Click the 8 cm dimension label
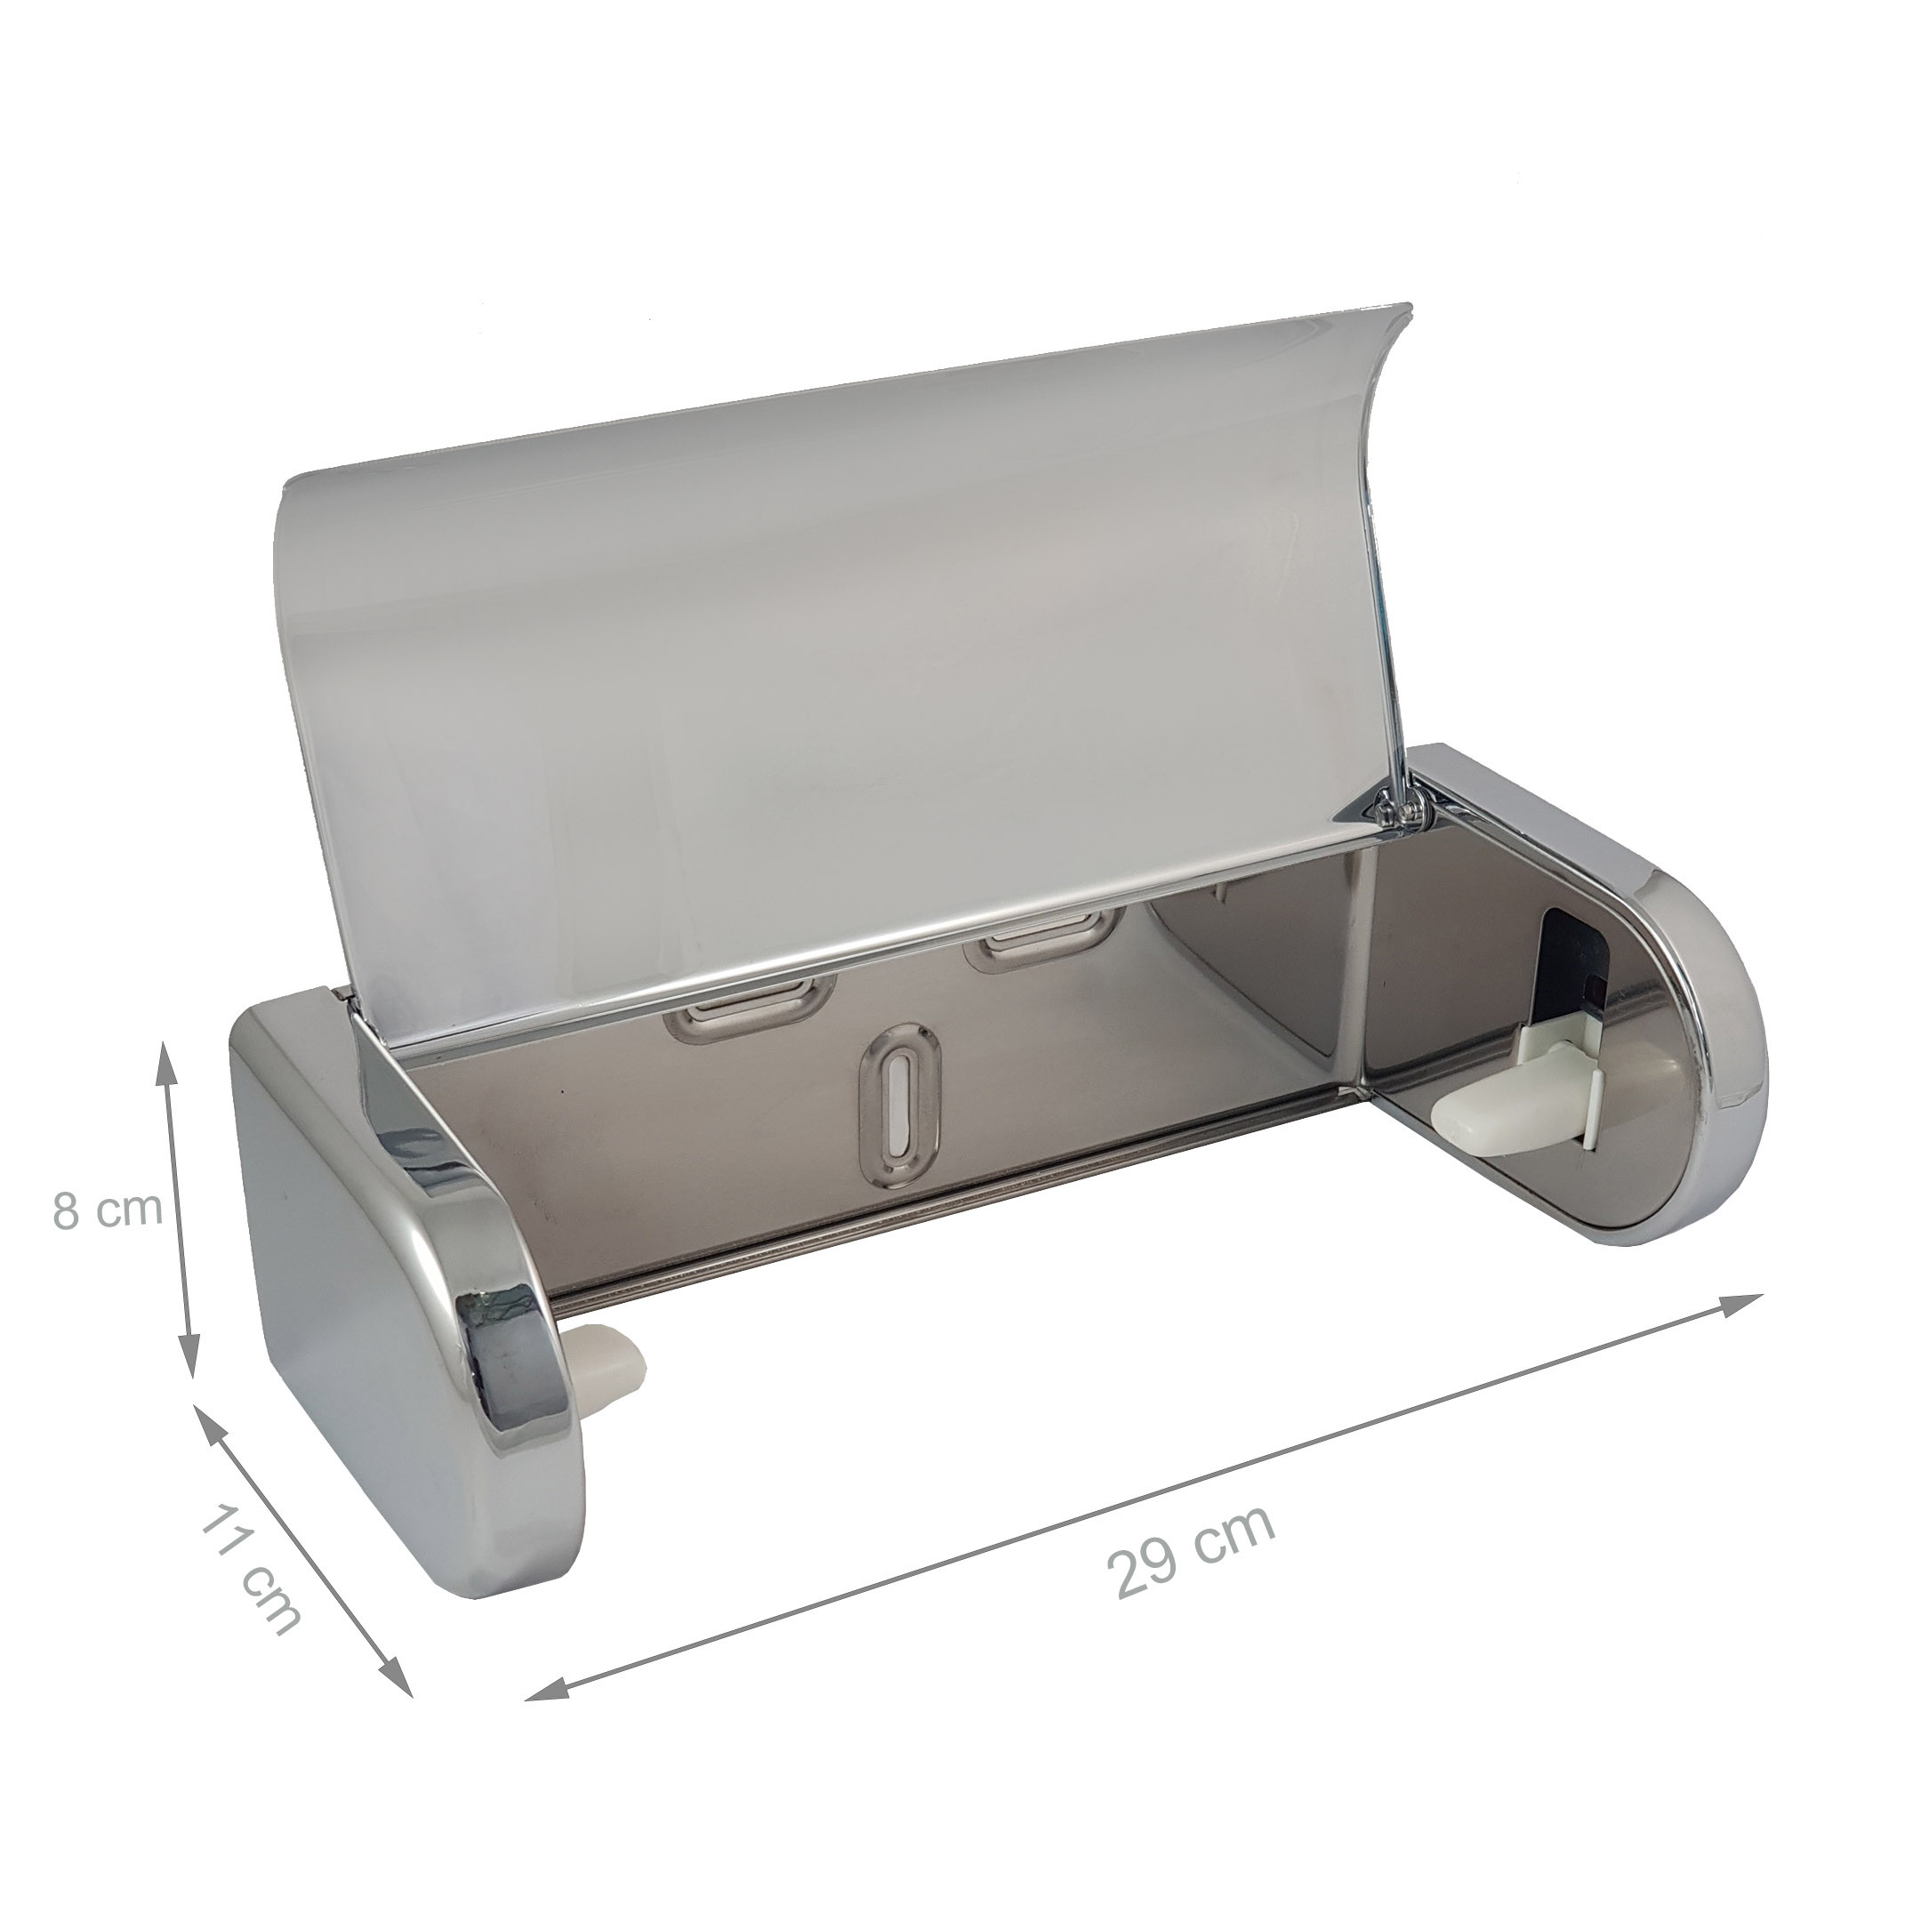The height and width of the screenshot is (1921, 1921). point(107,1210)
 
